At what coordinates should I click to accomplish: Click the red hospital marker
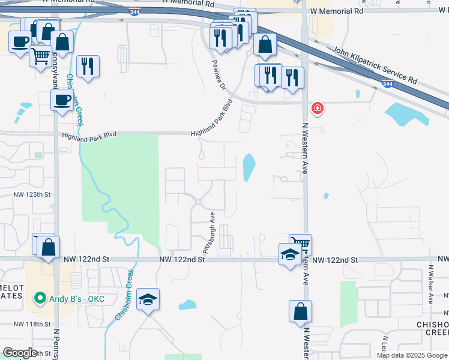(x=317, y=109)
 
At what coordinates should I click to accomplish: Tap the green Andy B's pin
(x=40, y=297)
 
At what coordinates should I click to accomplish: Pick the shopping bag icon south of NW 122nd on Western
(x=300, y=312)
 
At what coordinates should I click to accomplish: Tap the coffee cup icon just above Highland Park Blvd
(x=62, y=100)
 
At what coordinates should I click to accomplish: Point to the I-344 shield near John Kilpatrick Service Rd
(x=388, y=85)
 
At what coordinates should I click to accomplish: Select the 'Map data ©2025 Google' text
(x=412, y=355)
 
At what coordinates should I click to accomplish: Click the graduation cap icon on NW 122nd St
(x=290, y=254)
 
